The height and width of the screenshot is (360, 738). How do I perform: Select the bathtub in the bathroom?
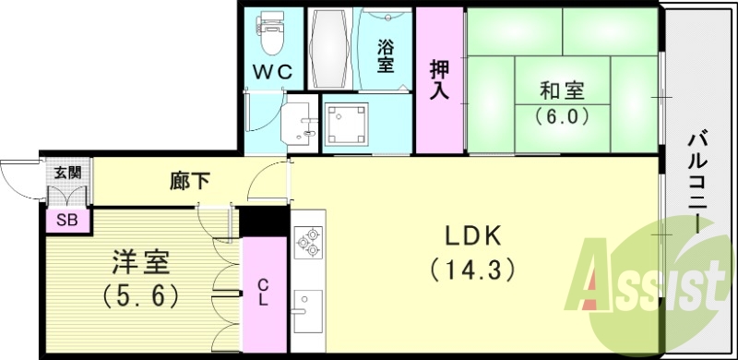click(x=328, y=50)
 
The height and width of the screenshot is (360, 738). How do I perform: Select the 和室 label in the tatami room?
click(x=562, y=92)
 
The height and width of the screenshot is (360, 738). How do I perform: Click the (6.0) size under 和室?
click(x=562, y=117)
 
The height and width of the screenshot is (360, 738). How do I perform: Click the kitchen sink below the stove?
click(x=306, y=306)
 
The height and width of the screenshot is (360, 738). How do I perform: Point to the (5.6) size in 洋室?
click(x=140, y=297)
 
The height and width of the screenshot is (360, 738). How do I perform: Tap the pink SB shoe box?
click(x=66, y=221)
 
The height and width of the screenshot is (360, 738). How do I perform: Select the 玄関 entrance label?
click(x=66, y=173)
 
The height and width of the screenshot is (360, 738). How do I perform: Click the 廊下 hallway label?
click(x=190, y=181)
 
